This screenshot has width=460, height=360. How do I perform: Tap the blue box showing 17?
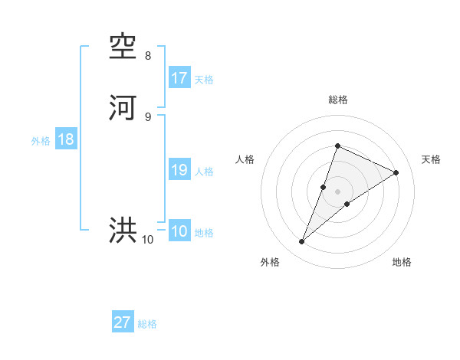(179, 78)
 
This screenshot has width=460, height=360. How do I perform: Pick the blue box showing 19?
(179, 170)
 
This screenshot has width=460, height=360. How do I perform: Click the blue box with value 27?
(123, 322)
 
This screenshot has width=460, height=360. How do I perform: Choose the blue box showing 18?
(66, 140)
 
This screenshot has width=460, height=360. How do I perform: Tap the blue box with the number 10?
(179, 231)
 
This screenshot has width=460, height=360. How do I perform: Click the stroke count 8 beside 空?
(148, 56)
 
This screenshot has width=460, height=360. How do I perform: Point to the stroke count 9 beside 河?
(148, 116)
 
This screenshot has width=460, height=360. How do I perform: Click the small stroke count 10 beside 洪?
(148, 240)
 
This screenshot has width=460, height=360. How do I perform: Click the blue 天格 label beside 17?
(204, 80)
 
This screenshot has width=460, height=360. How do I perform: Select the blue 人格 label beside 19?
(204, 172)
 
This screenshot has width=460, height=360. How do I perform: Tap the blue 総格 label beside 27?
(147, 324)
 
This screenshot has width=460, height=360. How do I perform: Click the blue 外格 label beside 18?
(41, 141)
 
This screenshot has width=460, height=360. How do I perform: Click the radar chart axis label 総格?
(337, 100)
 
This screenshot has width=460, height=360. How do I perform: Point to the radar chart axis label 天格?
(431, 159)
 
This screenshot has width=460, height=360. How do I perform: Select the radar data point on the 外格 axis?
(302, 242)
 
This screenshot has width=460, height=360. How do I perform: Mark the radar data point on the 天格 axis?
(396, 173)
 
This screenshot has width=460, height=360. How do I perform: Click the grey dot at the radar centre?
(337, 191)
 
